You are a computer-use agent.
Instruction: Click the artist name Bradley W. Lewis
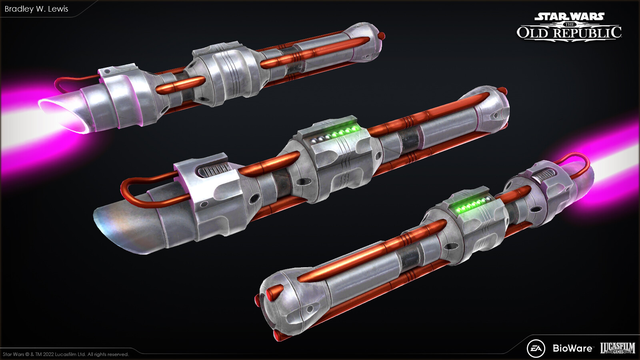(36, 9)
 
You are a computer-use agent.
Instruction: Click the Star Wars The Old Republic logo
(569, 26)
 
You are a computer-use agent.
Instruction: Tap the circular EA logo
(536, 348)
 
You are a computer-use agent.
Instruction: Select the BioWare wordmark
(572, 348)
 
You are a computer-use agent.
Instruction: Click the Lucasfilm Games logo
(618, 348)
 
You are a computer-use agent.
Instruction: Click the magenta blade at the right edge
(616, 160)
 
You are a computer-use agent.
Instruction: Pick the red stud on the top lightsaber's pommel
(383, 36)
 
